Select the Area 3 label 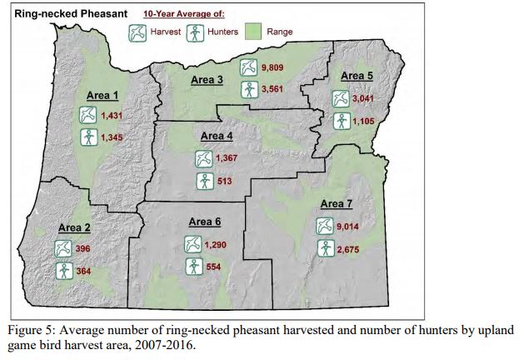coord(207,80)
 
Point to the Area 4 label coord(217,136)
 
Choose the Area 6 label coord(205,222)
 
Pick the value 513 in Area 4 coord(225,180)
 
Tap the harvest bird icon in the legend coord(137,32)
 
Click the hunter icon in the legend coord(197,32)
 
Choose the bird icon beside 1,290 coord(193,244)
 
